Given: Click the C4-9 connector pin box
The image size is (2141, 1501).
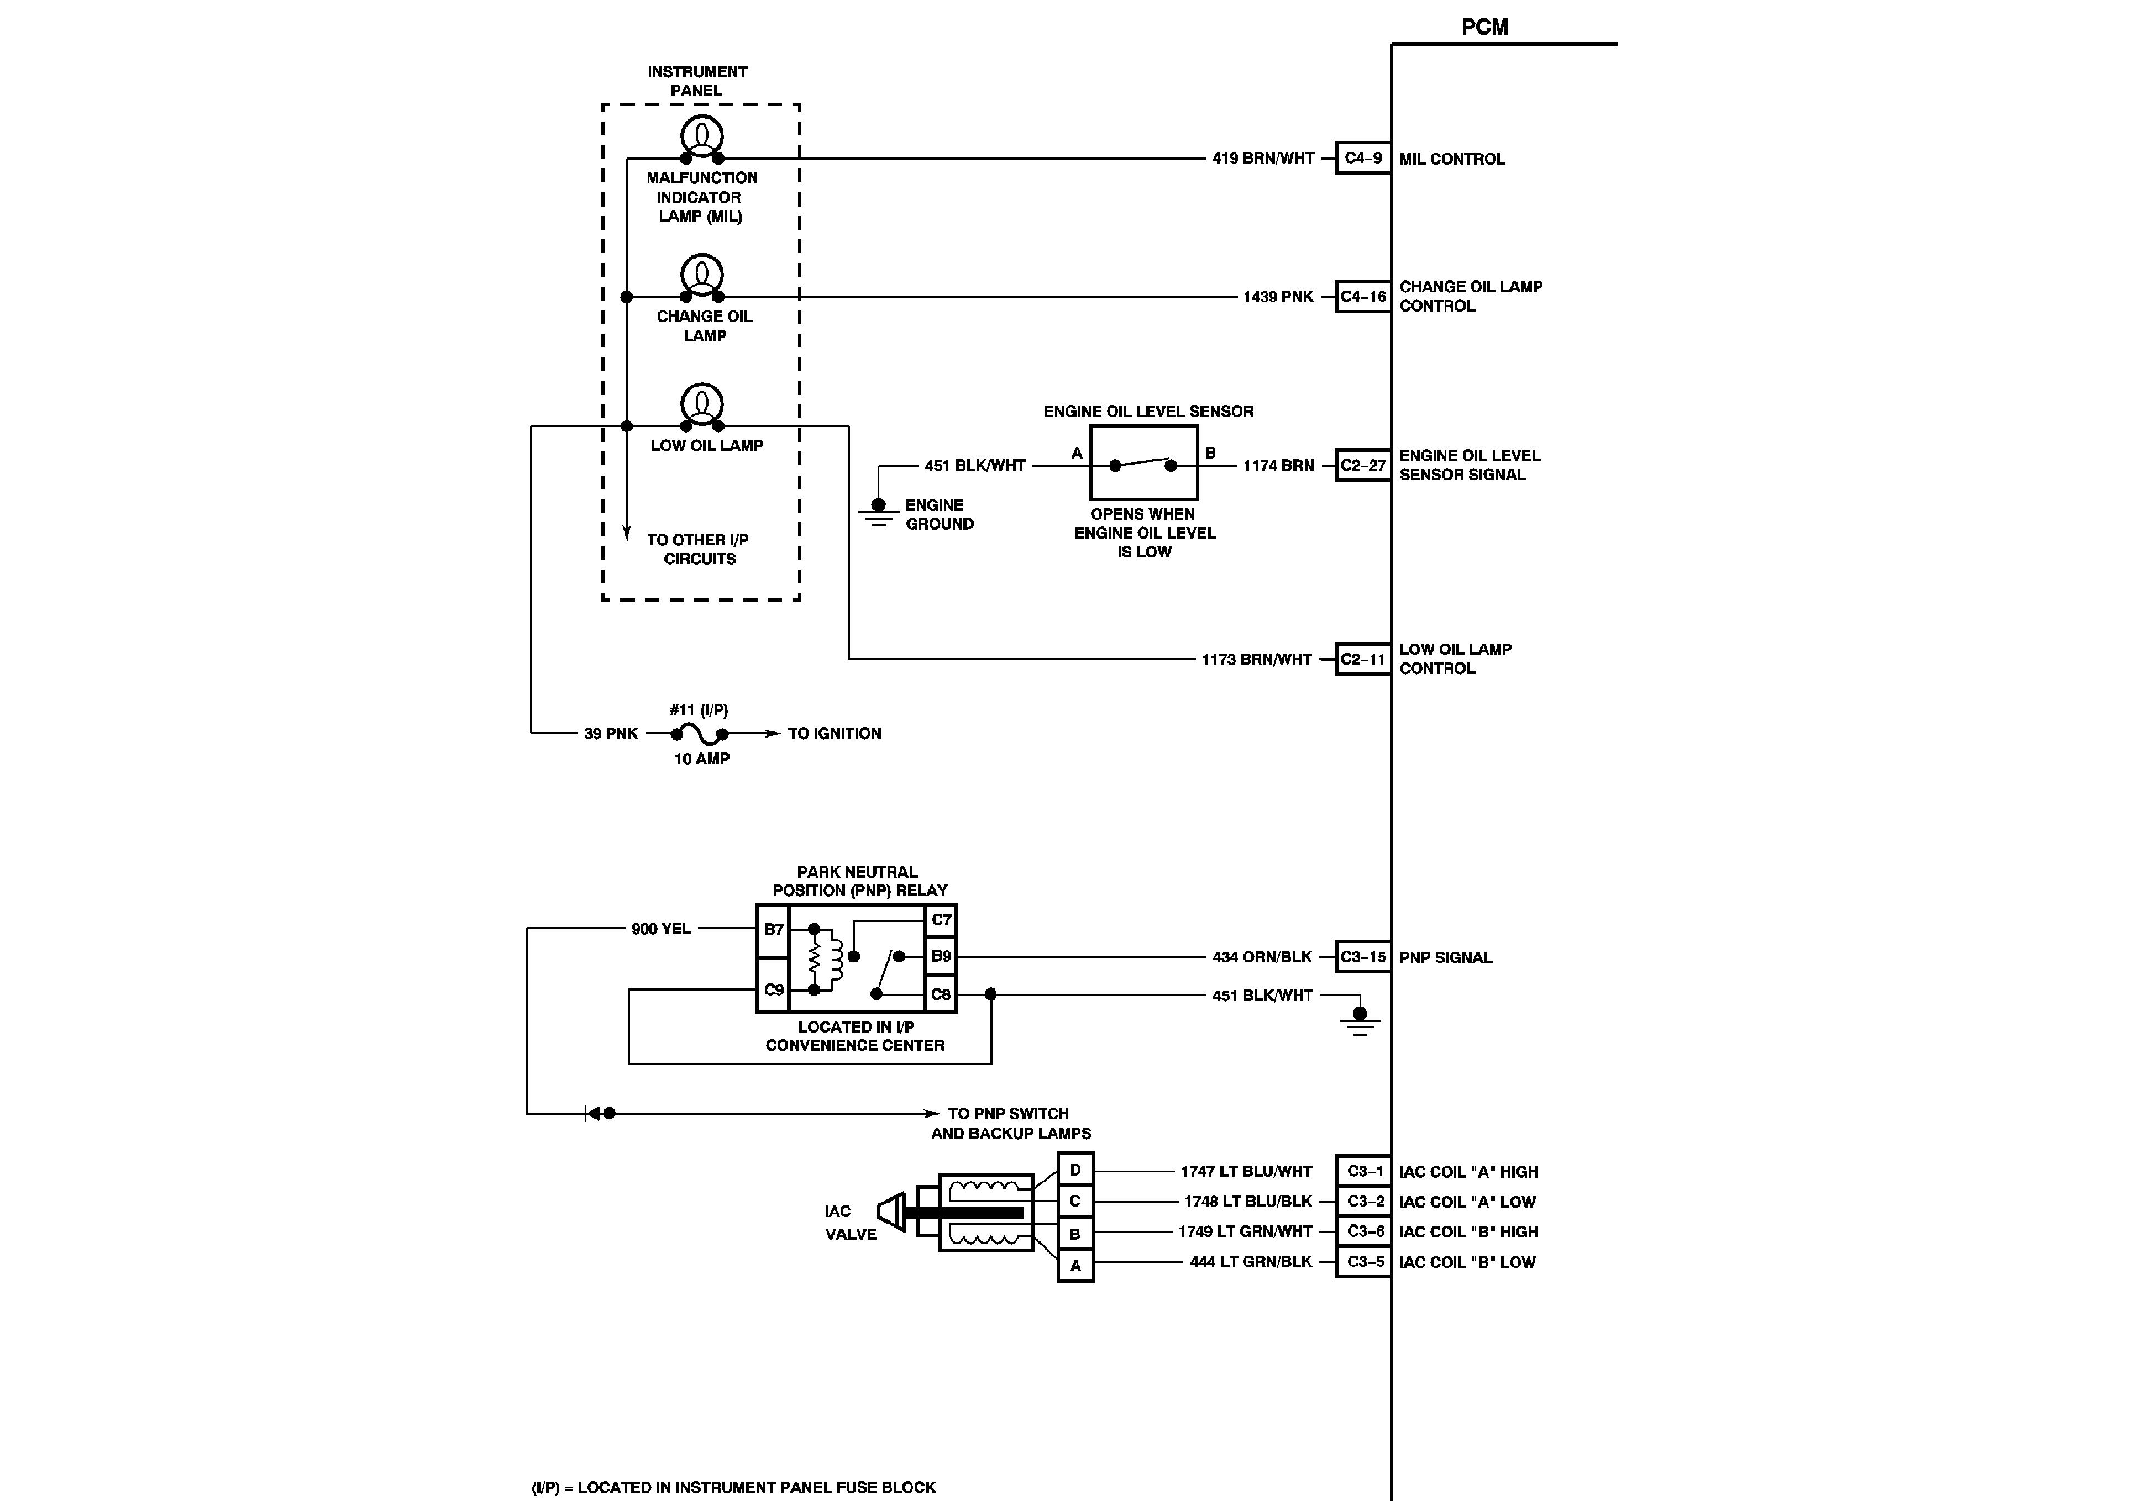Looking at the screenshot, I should (1362, 159).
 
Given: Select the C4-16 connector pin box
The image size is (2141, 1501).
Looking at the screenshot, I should (1362, 297).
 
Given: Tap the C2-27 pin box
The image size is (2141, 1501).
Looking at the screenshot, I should (1362, 465).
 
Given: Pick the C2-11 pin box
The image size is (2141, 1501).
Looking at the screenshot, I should (1362, 659).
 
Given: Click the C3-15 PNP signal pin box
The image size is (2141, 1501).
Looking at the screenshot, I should (1362, 956).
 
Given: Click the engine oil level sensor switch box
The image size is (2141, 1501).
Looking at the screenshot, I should (1143, 464).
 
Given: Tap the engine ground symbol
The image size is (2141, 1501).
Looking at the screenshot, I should (878, 512).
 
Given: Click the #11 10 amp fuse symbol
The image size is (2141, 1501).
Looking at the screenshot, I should (699, 734).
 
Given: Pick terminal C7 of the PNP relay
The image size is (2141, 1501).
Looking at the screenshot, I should (941, 920).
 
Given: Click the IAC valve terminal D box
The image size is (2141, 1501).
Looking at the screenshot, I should (1075, 1170).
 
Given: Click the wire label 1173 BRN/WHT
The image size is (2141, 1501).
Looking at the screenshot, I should (1256, 659).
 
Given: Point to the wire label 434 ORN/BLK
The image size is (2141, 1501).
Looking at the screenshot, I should (1262, 956).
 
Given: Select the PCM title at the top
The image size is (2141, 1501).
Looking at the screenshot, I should (1484, 27).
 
